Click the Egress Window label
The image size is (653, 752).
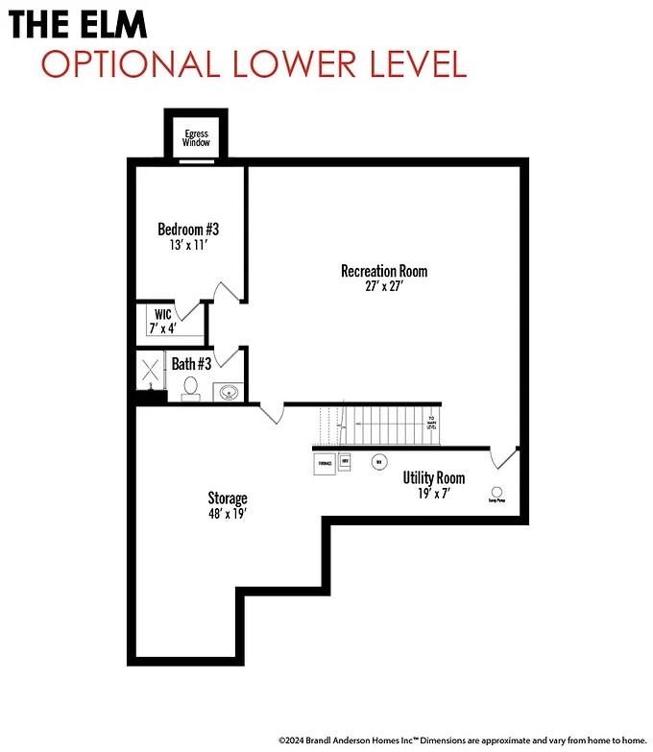197,137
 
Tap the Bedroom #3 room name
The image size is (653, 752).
188,230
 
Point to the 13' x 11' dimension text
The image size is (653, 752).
188,245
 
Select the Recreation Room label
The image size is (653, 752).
384,271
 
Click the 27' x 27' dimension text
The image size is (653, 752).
384,286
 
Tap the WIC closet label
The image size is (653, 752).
161,313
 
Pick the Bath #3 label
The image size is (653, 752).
191,363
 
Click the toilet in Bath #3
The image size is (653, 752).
190,388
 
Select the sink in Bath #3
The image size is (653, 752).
229,392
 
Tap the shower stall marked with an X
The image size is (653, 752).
151,372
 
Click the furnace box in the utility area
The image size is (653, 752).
325,463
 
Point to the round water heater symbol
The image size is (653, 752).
379,462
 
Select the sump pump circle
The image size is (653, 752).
496,492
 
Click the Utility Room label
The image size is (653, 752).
434,477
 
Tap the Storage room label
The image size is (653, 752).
228,497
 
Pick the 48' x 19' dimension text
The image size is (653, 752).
228,513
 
